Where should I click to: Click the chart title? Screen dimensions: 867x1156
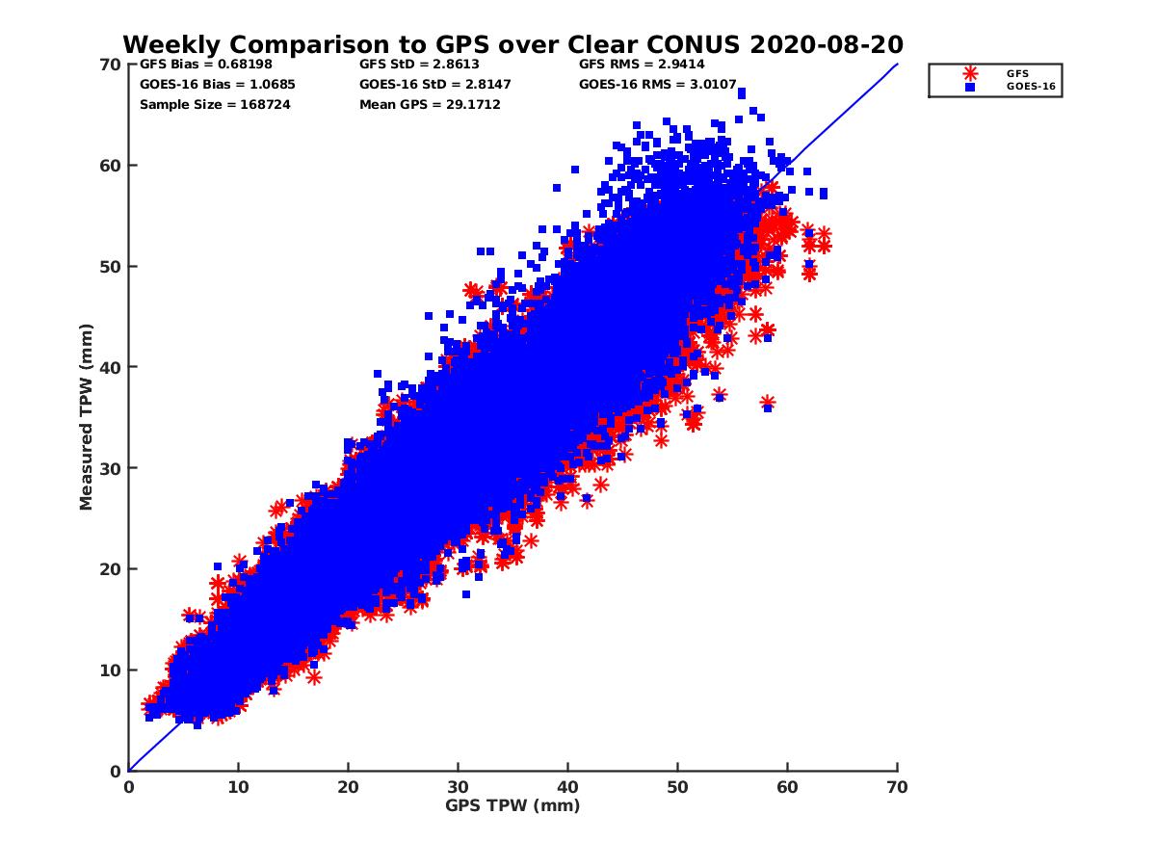(512, 44)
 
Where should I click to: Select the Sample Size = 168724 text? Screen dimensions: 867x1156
(215, 104)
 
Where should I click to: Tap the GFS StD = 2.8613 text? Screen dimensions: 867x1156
(412, 65)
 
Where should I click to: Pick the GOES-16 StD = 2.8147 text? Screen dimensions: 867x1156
(434, 84)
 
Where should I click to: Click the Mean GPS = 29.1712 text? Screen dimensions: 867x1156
(430, 104)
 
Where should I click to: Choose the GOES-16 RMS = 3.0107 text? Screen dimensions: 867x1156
(658, 84)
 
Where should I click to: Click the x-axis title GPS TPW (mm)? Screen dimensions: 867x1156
(512, 805)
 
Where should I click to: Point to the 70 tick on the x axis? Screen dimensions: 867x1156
(897, 787)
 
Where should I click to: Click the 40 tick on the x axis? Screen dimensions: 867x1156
(567, 787)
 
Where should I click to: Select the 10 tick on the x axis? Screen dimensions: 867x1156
(238, 787)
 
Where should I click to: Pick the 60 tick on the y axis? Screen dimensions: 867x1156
(112, 165)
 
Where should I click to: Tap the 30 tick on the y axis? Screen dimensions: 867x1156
(112, 468)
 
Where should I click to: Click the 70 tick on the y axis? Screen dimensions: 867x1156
(112, 65)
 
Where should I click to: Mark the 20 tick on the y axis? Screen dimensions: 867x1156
(112, 569)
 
